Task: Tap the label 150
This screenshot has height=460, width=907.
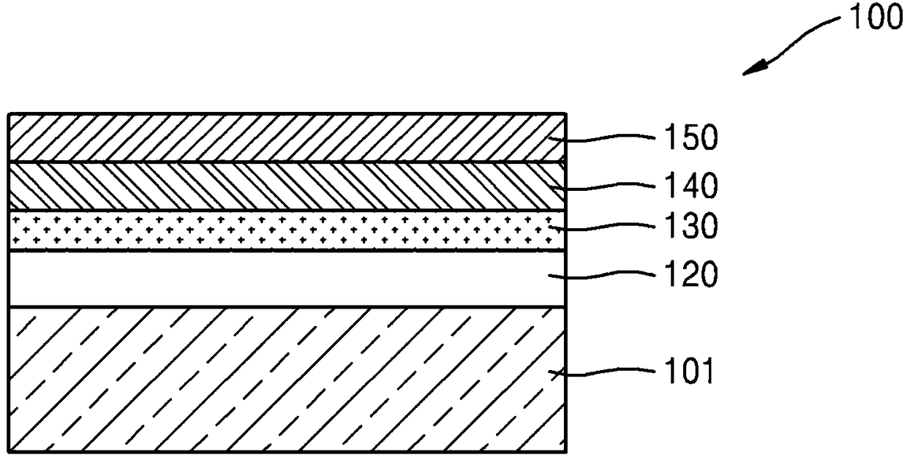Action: point(691,137)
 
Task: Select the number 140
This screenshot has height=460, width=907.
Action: point(691,186)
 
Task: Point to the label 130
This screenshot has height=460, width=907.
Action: point(691,225)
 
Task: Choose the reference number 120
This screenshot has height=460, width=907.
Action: point(691,274)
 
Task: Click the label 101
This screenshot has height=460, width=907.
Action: point(689,371)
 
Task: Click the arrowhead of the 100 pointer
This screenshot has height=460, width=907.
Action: point(753,69)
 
